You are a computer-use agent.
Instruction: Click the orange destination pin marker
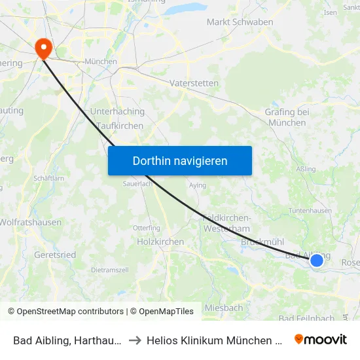pos(44,47)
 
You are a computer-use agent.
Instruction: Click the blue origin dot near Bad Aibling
pos(317,261)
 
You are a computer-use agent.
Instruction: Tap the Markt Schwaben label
pos(240,22)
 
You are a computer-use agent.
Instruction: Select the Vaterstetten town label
pos(194,84)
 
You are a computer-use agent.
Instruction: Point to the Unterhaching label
pos(117,112)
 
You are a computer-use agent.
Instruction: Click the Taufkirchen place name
pos(120,126)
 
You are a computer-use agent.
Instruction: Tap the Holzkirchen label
pos(160,242)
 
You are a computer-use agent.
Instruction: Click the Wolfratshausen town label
pos(30,223)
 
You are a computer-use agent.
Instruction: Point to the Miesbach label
pos(224,308)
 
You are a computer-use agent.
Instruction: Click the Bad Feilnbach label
pos(308,319)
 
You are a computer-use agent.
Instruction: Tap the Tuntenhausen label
pos(310,211)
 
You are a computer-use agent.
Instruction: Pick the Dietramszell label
pos(109,270)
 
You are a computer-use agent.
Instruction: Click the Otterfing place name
pos(147,228)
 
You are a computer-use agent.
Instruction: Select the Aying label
pos(197,185)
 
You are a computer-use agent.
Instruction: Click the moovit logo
pos(321,339)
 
